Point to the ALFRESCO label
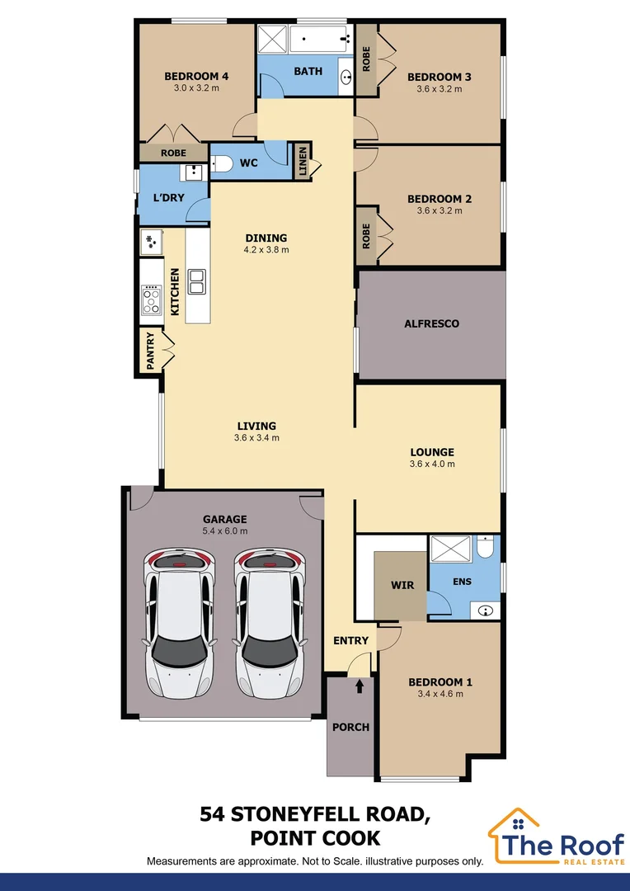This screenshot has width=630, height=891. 431,324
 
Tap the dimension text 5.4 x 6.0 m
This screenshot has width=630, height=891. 225,531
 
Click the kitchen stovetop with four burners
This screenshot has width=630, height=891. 152,299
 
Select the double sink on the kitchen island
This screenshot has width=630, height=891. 197,282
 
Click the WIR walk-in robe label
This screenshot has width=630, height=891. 402,586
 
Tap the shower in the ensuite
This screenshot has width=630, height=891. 452,550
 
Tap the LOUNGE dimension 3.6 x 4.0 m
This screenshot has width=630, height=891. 432,464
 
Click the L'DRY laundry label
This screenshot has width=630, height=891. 169,198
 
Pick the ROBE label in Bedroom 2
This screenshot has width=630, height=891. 366,236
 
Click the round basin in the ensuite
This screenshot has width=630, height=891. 487,611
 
